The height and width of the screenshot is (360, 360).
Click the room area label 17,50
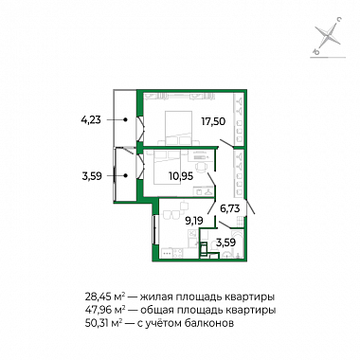(213, 121)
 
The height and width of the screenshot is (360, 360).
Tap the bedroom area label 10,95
(181, 176)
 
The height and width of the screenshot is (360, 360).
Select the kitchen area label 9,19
(193, 221)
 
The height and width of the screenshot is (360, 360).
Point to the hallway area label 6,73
(229, 208)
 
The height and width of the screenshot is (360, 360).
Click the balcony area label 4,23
(91, 120)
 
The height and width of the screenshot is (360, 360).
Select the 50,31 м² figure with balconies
(104, 323)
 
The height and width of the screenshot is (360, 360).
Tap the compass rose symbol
(329, 36)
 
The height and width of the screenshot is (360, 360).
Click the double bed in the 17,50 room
(178, 128)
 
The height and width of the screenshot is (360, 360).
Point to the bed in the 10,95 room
(167, 168)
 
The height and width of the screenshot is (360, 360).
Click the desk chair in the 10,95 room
(200, 167)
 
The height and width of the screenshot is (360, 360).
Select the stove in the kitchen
(178, 253)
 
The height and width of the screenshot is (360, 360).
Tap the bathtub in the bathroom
(237, 244)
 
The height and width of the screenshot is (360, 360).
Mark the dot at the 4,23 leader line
(125, 120)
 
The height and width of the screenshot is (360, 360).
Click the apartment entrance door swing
(250, 207)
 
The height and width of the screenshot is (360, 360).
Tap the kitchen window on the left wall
(154, 229)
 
